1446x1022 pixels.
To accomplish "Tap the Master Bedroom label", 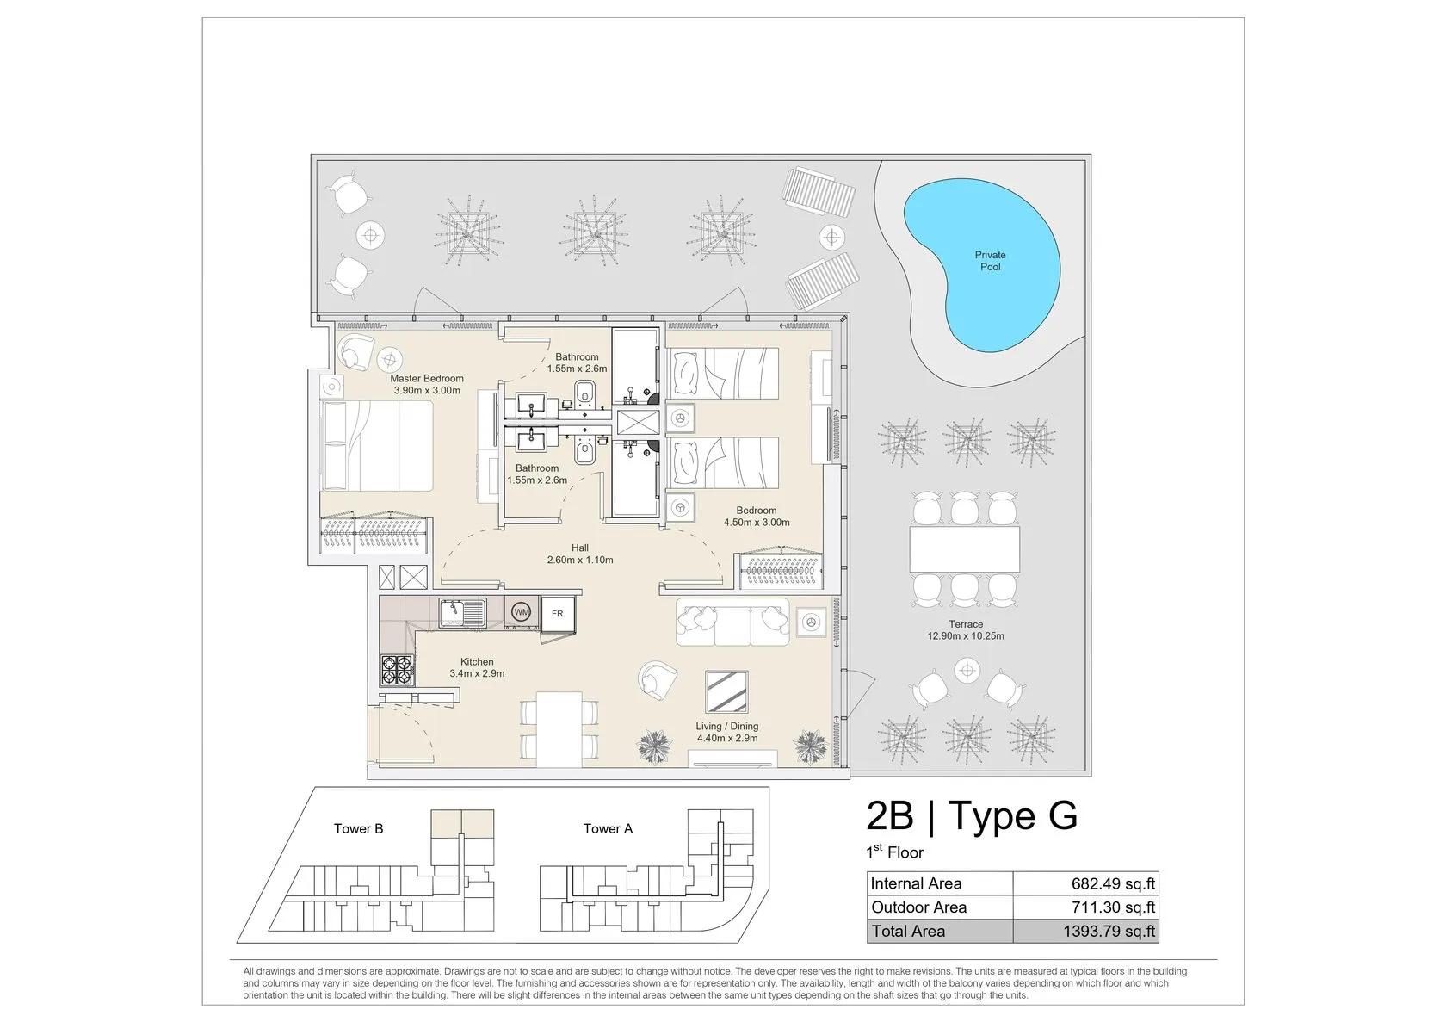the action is (427, 379).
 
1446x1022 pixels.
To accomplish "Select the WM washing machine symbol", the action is (521, 612).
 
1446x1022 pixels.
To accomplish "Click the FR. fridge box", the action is (558, 614).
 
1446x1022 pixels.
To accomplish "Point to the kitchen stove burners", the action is (397, 670).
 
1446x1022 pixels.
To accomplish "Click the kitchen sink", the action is (462, 613).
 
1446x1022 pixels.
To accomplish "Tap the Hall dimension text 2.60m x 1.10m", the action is (580, 561).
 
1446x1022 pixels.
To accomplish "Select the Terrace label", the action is (966, 624).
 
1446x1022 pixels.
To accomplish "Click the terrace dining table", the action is (964, 548).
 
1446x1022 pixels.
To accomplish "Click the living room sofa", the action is (732, 622).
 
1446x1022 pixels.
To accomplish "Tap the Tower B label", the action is (358, 829).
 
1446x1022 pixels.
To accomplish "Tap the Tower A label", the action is (608, 829).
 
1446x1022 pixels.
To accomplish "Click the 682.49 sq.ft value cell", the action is (1086, 883).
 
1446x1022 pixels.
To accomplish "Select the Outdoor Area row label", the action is (918, 907).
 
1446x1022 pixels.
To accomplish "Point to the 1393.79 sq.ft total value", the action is (1109, 932).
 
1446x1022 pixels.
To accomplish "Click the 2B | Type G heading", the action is (972, 815).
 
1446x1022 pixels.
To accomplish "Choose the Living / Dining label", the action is (726, 727).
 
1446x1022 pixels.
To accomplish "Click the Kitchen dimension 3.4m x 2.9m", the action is (477, 674).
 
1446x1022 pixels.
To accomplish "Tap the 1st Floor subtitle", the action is (895, 852).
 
